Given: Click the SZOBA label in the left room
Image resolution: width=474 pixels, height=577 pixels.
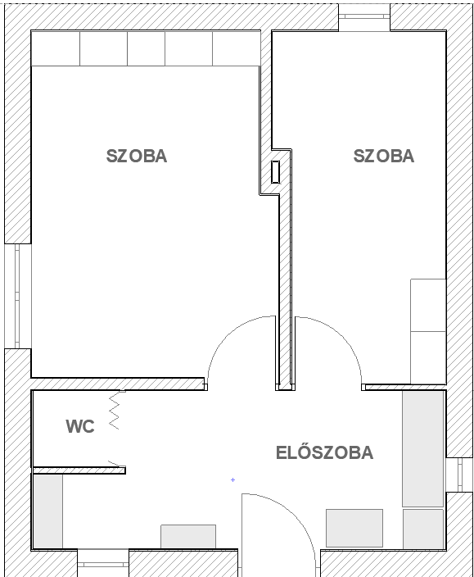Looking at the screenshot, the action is point(137,156).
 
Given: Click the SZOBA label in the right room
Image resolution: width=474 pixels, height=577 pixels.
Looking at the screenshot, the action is point(384,156).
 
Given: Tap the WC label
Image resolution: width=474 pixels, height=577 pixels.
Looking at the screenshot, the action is point(80,426).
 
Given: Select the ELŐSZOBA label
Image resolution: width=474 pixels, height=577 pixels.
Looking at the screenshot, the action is point(324,452).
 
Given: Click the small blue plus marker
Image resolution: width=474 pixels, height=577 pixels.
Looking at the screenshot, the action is point(232,479).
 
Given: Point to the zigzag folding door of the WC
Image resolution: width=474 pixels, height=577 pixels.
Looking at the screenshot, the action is point(115,411).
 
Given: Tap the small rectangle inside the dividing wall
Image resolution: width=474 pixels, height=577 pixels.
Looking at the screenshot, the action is point(276,172).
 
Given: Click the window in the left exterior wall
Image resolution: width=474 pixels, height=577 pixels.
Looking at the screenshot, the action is point(17,296).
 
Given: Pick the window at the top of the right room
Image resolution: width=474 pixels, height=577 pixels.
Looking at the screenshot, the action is point(364,17).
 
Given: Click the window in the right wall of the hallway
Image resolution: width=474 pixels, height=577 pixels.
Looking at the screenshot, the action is point(459,475).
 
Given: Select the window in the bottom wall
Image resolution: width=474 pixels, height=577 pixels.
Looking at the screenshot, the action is point(103,564).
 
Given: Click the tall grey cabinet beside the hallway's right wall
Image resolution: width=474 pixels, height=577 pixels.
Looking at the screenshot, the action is point(423,449).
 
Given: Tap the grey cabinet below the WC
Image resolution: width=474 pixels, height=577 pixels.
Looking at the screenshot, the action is point(48,511).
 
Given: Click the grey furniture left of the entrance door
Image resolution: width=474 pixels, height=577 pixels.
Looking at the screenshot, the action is point(188,537).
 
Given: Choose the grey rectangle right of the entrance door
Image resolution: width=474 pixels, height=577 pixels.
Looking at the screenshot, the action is point(354,528).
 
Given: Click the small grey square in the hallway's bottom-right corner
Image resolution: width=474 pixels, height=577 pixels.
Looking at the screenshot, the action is point(423,529).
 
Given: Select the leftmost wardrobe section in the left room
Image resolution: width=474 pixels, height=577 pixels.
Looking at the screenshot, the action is point(56,48).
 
